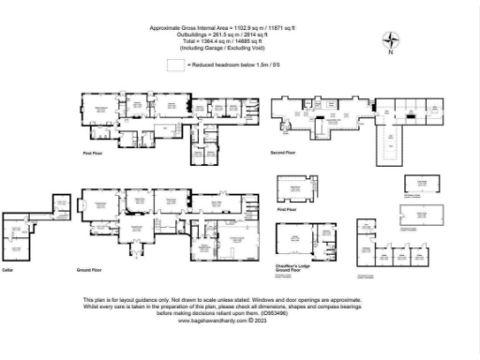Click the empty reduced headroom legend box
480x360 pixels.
tap(175, 65)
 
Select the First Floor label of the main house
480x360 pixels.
tap(91, 152)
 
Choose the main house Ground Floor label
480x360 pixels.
tap(89, 268)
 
